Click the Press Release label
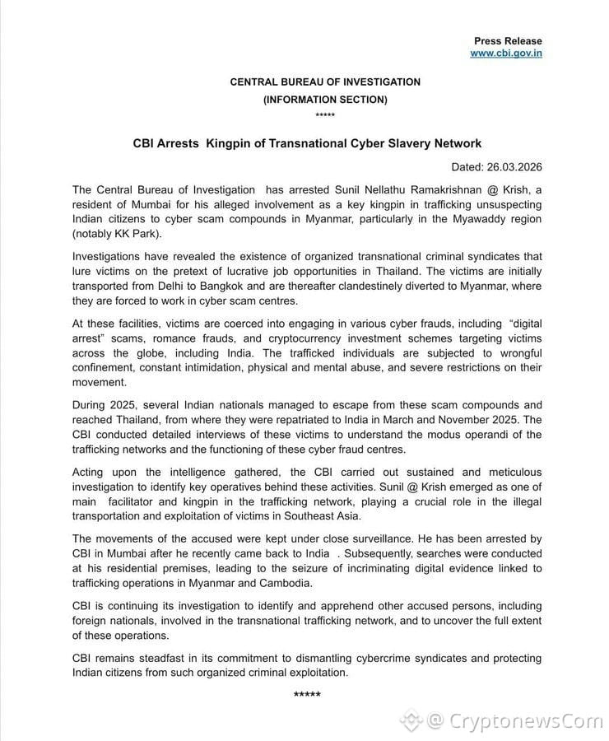click(508, 40)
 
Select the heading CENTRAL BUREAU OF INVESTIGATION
click(325, 82)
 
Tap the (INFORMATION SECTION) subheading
click(325, 100)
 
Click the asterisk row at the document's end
click(307, 695)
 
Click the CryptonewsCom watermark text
click(526, 722)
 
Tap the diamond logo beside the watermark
click(410, 722)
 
